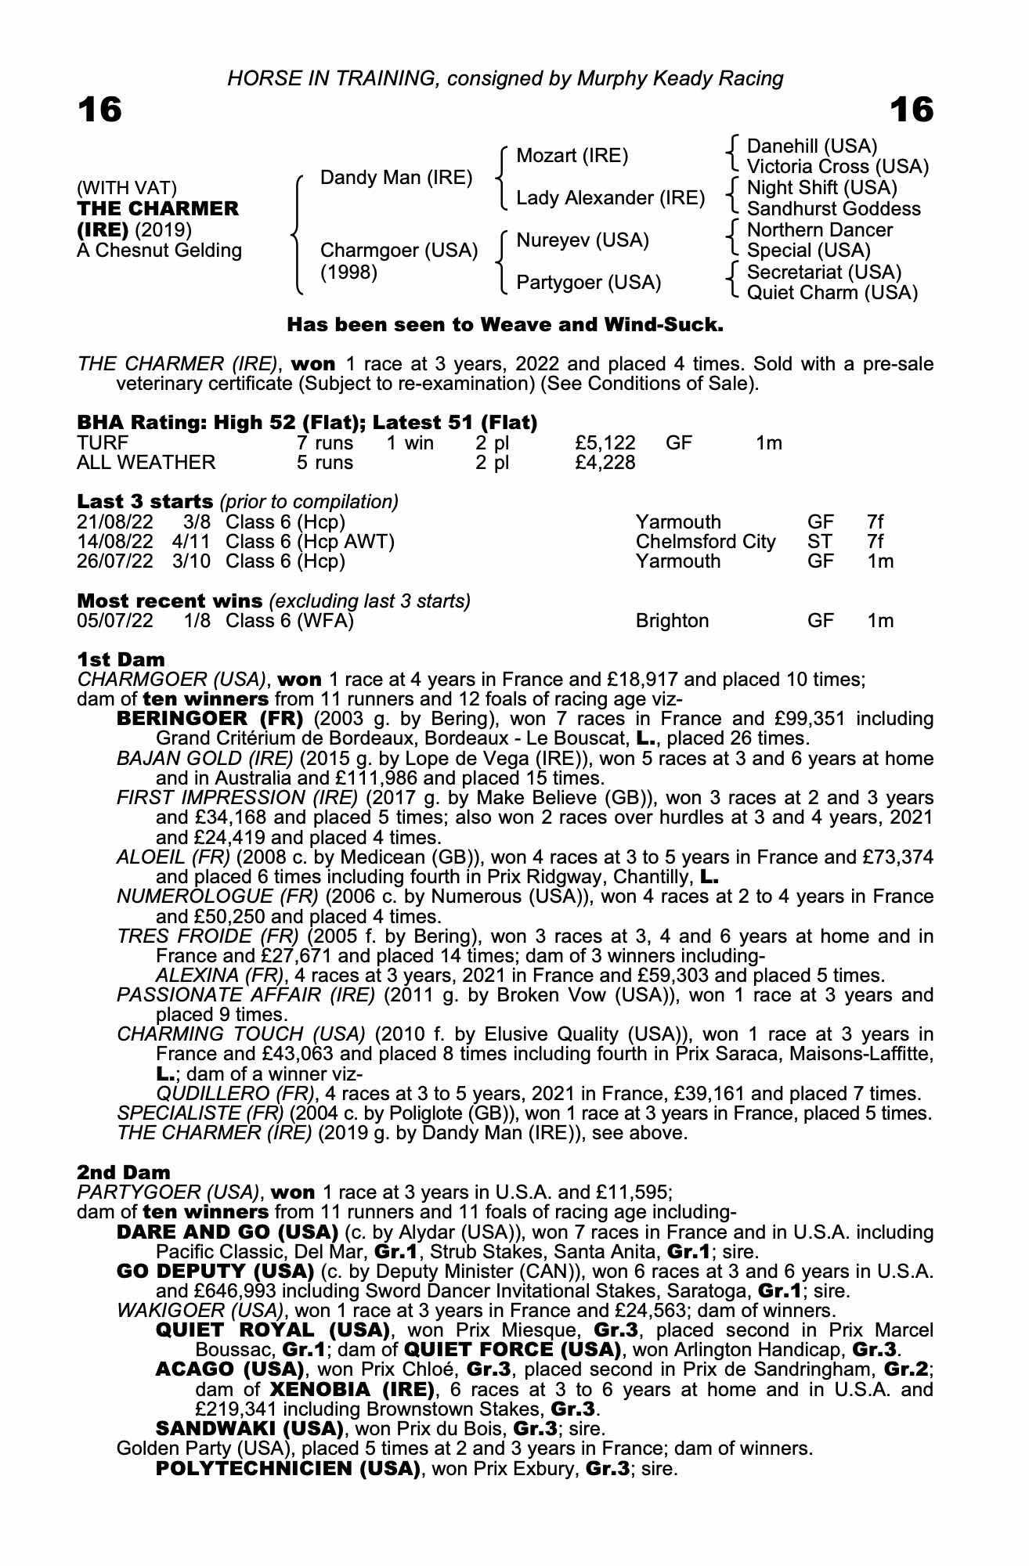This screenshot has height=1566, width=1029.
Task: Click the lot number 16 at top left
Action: click(x=99, y=110)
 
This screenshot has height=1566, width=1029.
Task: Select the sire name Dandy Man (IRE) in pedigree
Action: click(x=396, y=178)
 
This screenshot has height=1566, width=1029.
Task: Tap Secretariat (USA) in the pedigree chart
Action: click(x=824, y=272)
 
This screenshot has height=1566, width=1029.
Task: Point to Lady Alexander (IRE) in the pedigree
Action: click(x=611, y=198)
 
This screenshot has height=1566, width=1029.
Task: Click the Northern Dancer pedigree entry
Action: click(x=819, y=230)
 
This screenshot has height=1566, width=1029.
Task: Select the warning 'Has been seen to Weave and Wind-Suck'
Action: click(x=505, y=324)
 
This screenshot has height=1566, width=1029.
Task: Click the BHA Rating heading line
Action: click(x=307, y=423)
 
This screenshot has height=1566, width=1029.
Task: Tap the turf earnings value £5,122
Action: click(x=605, y=443)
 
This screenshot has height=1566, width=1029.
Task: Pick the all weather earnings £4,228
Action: click(x=605, y=463)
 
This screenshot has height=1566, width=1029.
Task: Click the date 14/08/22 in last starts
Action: click(x=115, y=542)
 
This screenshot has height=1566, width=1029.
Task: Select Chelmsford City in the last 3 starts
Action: click(x=706, y=542)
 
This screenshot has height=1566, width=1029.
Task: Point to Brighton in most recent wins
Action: click(x=672, y=621)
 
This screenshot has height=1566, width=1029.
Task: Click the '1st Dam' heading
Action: click(x=121, y=659)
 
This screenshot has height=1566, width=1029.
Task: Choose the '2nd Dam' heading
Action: click(x=123, y=1172)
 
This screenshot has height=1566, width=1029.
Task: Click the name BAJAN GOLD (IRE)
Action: click(x=204, y=759)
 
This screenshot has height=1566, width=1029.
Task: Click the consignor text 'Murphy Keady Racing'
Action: click(x=680, y=78)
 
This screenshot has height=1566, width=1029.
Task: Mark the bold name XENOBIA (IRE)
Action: click(x=352, y=1390)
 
